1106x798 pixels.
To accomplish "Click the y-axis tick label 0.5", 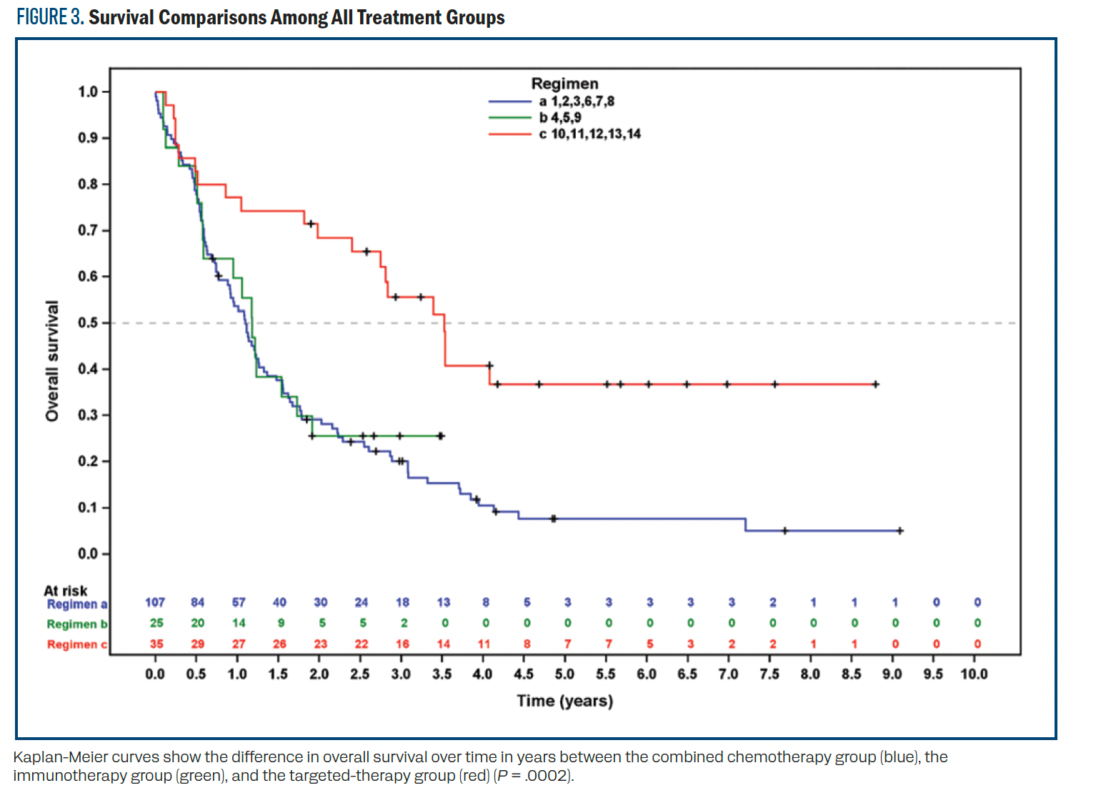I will pos(87,323).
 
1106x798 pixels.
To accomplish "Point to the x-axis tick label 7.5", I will pos(769,674).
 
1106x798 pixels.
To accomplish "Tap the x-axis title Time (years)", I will pos(564,701).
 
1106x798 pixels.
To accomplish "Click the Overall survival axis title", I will pos(52,361).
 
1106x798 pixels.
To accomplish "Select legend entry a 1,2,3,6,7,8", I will pos(576,102).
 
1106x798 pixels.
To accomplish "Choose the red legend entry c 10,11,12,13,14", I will pos(589,134).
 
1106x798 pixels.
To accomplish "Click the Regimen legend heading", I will pos(564,84).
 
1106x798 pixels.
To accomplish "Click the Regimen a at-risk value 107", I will pos(155,603).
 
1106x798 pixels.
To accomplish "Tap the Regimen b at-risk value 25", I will pos(156,624).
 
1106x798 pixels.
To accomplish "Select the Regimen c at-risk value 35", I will pos(156,644).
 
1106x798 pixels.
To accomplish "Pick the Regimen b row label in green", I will pos(76,624).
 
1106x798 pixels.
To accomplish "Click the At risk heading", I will pos(65,591).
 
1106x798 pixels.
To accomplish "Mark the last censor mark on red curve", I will pos(875,385).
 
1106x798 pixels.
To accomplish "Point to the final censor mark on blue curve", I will pos(900,531).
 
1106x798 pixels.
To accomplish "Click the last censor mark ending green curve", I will pos(441,435).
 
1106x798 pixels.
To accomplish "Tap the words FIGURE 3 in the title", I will pos(49,17).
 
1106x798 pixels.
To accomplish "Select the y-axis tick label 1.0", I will pos(87,92).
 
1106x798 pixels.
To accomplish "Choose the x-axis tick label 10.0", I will pos(974,674).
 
